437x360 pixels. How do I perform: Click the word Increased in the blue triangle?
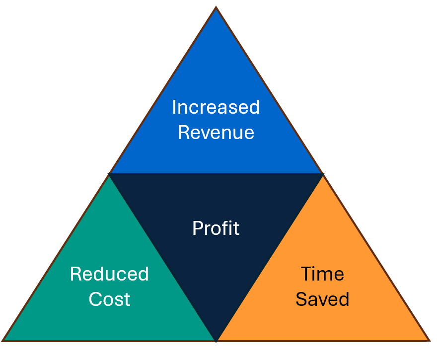tap(216, 107)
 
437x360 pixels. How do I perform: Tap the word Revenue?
tap(216, 133)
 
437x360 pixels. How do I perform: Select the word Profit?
tap(216, 228)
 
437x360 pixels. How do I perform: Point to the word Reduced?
tap(109, 274)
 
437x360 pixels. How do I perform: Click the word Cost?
tap(110, 299)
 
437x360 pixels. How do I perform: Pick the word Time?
tap(322, 274)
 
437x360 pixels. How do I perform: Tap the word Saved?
tap(322, 299)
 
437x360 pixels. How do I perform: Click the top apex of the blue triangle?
tap(216, 7)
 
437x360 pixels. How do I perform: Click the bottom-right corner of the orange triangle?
tap(429, 340)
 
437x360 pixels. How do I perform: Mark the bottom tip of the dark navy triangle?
tap(216, 341)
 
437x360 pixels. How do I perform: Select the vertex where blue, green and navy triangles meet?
tap(109, 174)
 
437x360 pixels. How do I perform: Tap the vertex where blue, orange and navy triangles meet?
tap(323, 174)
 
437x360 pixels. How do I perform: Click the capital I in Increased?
tap(174, 107)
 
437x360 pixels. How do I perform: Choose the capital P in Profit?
tap(198, 228)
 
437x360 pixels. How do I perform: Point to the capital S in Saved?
tap(302, 299)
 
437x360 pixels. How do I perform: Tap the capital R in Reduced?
tap(76, 274)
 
